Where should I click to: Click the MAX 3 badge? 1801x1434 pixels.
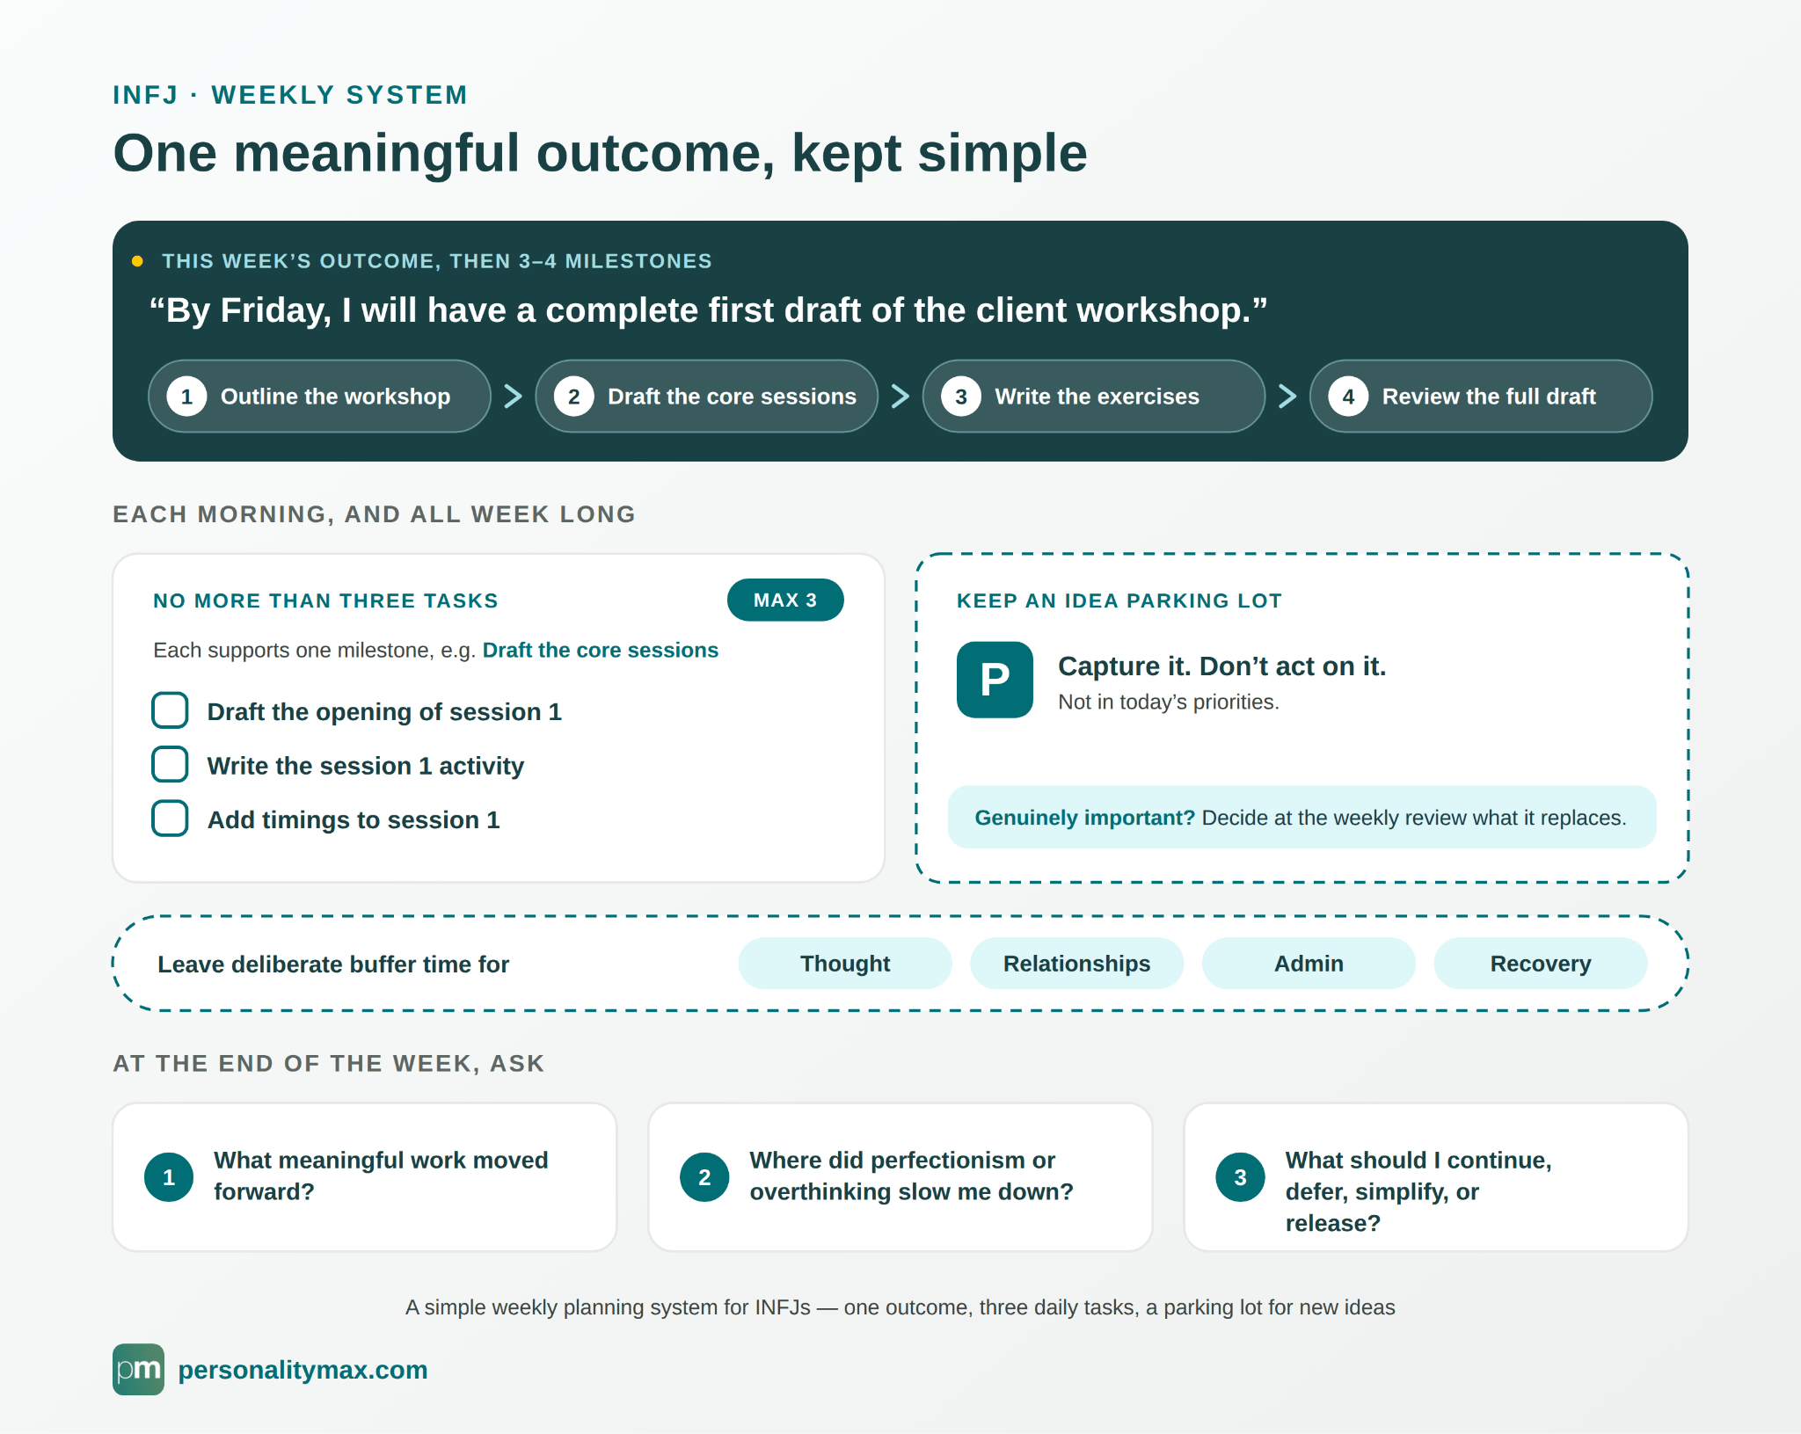point(785,600)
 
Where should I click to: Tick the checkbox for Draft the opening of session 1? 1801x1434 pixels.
point(170,710)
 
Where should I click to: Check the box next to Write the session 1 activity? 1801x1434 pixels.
point(170,765)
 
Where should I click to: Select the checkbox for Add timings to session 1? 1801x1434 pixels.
point(170,819)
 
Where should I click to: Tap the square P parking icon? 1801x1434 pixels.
point(995,680)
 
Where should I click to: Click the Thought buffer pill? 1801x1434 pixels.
point(845,964)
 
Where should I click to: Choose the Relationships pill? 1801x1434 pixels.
point(1076,964)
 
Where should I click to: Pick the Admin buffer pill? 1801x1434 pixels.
point(1309,964)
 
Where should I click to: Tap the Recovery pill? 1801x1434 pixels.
point(1541,964)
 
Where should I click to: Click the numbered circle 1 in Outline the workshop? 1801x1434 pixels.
point(186,397)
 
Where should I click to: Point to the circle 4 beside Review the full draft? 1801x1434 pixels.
point(1348,397)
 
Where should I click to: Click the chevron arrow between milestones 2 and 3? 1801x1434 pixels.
point(900,397)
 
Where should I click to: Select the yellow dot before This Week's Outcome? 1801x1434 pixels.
point(137,261)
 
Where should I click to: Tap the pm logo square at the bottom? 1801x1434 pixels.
point(138,1369)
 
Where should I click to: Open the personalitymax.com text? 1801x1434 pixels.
point(303,1370)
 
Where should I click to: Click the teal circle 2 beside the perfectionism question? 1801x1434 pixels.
point(704,1177)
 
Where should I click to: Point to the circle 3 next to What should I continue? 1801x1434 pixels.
point(1240,1177)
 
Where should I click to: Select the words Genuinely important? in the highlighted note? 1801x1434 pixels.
point(1085,818)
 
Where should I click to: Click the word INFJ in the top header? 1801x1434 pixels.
point(146,95)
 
